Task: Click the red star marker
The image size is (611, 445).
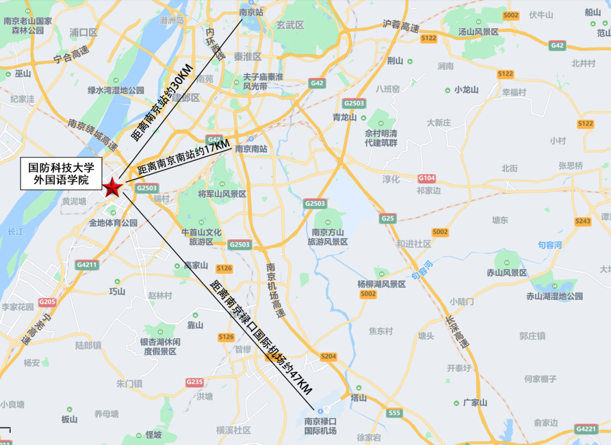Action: click(112, 187)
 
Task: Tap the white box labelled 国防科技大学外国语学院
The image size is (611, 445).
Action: click(62, 174)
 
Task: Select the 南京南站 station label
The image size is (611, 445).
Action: click(251, 149)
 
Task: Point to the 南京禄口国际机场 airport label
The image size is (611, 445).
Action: click(320, 426)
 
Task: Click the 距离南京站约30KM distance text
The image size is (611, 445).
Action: click(163, 102)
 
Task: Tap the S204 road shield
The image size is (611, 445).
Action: click(328, 357)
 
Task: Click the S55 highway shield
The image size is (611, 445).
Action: click(394, 413)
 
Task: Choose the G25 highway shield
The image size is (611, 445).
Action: click(388, 218)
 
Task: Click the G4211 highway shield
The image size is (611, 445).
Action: click(87, 264)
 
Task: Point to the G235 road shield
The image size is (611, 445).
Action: click(194, 382)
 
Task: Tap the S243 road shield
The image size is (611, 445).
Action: click(583, 221)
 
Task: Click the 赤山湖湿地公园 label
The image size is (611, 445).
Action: click(554, 296)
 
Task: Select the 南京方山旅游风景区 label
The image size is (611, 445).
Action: click(328, 237)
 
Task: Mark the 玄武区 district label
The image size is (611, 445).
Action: click(290, 25)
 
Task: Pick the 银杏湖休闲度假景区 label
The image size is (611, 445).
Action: click(161, 347)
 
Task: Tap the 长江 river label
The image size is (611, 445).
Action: click(16, 232)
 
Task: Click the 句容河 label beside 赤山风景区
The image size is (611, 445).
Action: click(549, 245)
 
